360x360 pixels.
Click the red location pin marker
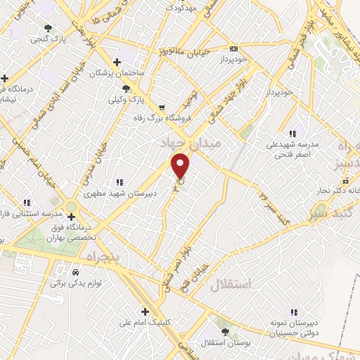181,166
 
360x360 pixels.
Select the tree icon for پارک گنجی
48,28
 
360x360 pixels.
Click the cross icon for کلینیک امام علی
145,311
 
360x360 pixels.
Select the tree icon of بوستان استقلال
224,331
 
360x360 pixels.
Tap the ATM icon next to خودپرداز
234,49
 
